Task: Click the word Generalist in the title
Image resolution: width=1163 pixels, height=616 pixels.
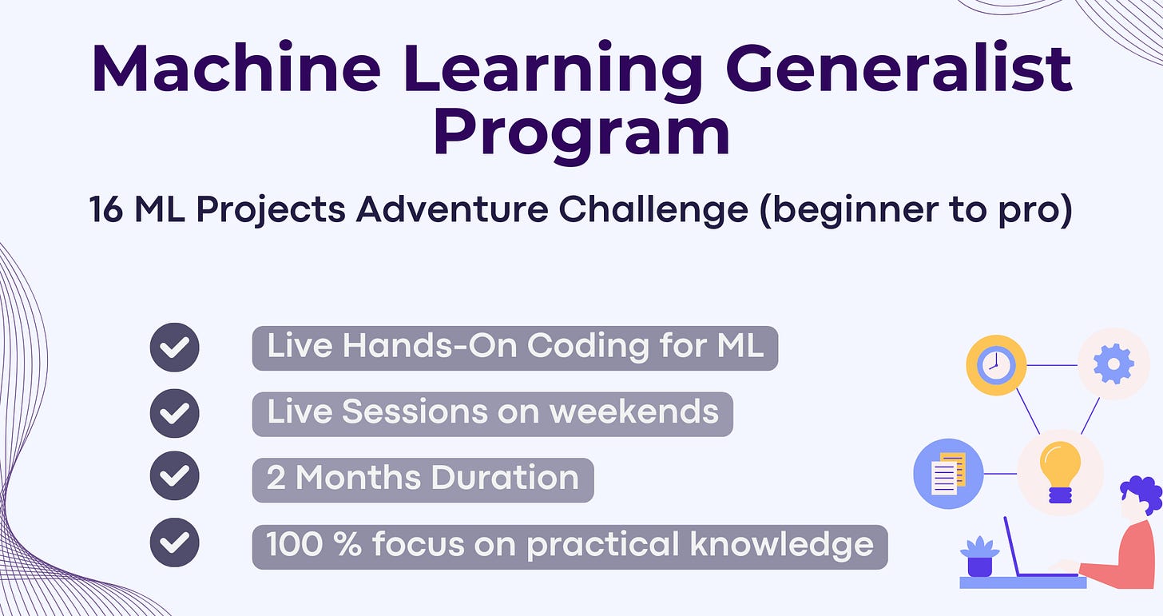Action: [899, 68]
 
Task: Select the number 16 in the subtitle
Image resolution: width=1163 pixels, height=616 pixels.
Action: [106, 209]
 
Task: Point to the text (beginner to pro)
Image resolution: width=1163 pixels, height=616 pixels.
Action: [916, 210]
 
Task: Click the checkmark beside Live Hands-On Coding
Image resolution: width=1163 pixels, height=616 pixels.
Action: [174, 348]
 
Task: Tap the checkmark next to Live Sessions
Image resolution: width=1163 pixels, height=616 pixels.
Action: [174, 413]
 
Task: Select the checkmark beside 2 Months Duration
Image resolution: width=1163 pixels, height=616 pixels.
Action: [174, 475]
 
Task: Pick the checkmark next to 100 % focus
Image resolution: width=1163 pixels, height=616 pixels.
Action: [174, 542]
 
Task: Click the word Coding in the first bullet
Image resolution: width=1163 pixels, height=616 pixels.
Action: [588, 347]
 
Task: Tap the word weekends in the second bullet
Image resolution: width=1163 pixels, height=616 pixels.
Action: [634, 411]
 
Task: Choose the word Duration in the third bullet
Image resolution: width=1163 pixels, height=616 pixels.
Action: [505, 477]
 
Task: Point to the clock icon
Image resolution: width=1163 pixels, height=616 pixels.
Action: [996, 364]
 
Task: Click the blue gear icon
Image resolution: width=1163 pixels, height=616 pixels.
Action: [1113, 364]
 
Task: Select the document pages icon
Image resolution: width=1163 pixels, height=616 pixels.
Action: [949, 474]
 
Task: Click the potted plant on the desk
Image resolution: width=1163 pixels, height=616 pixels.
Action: [980, 557]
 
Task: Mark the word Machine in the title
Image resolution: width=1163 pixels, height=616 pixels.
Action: [236, 68]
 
